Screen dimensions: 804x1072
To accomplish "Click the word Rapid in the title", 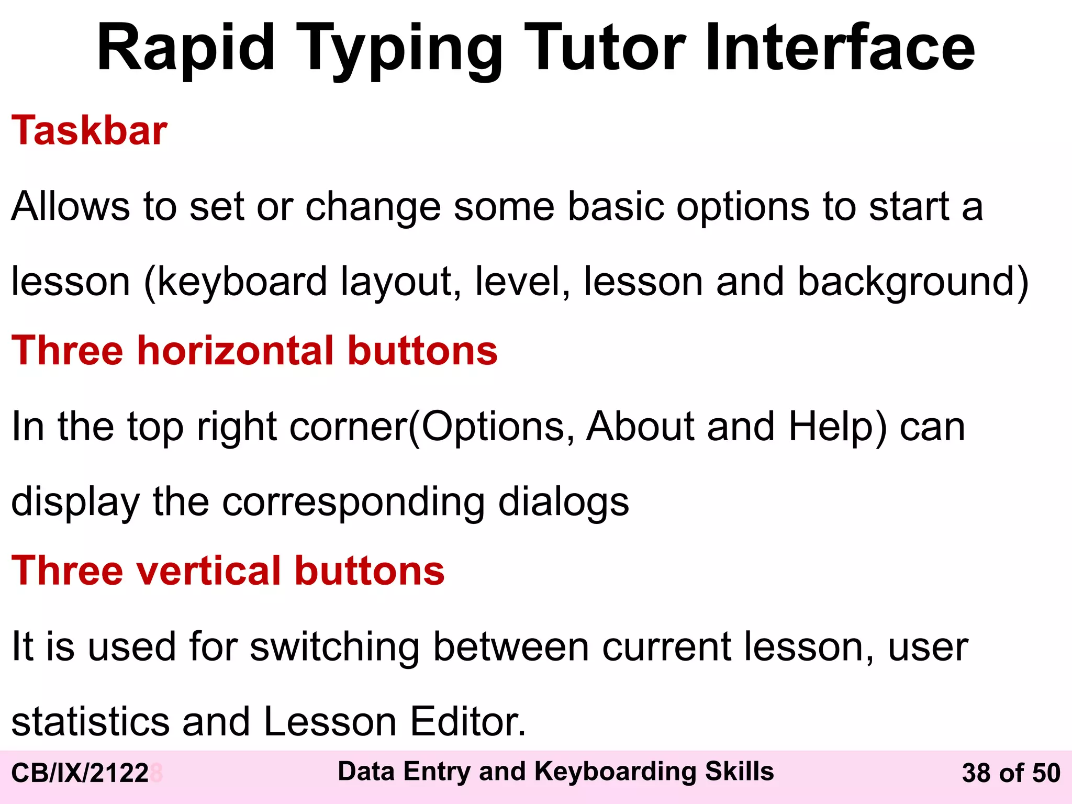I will [x=186, y=48].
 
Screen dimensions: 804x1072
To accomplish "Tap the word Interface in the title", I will [x=840, y=48].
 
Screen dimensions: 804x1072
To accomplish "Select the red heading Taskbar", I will [x=89, y=130].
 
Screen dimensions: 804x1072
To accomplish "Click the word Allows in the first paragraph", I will [x=70, y=206].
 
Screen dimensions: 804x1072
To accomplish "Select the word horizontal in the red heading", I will [x=235, y=350].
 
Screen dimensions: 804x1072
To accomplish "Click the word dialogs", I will [x=563, y=501].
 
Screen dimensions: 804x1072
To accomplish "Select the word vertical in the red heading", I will [x=209, y=571].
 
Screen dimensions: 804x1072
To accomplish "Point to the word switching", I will [x=334, y=647].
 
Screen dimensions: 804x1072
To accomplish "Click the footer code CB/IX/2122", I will [x=80, y=773].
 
